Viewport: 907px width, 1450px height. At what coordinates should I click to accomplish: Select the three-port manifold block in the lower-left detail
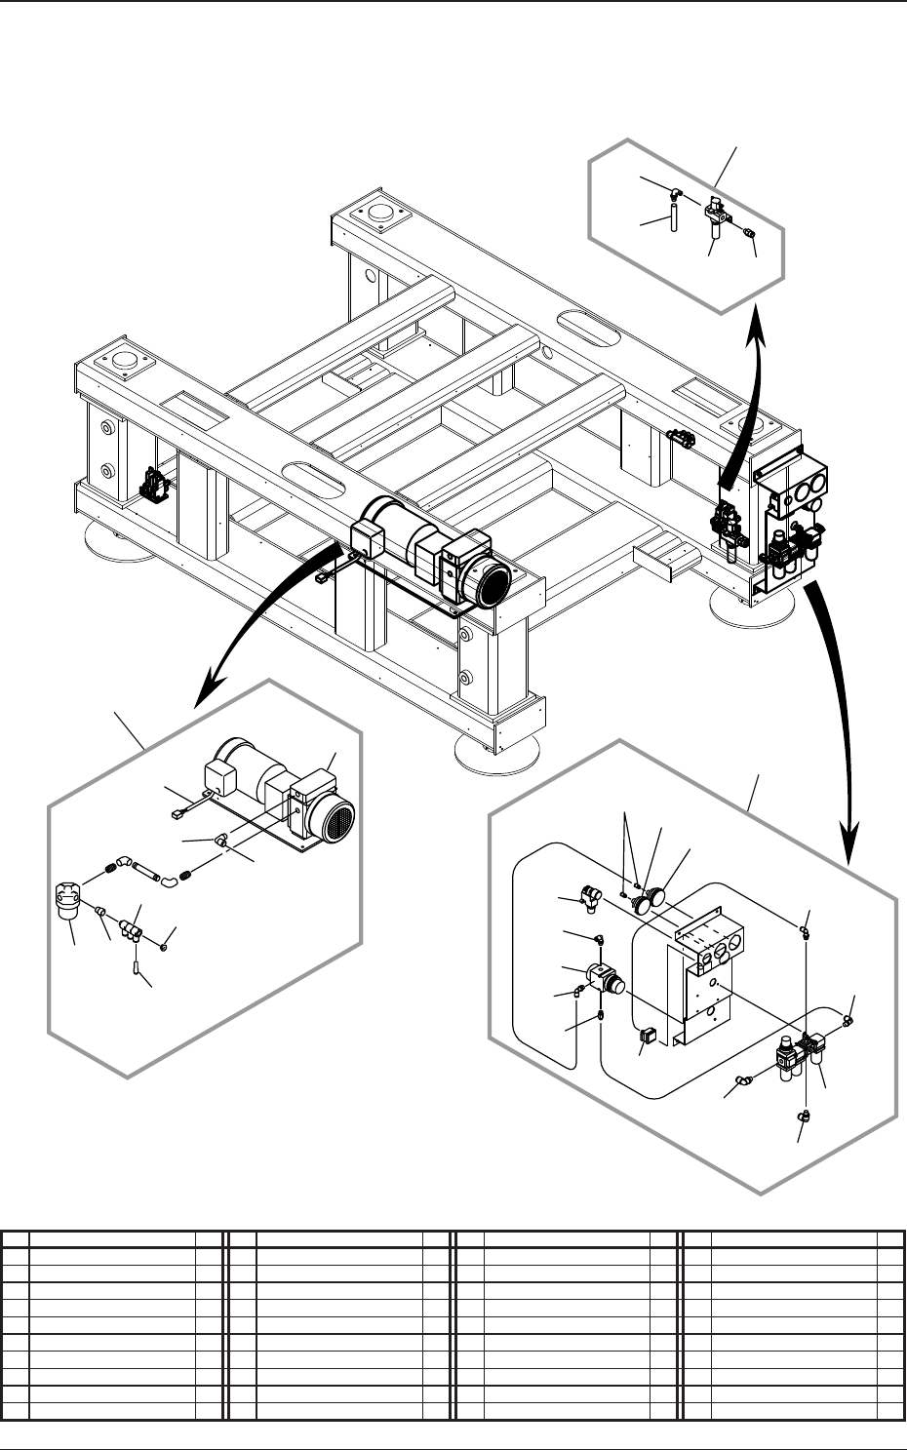pos(132,930)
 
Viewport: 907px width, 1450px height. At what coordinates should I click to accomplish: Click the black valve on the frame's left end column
pos(153,484)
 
